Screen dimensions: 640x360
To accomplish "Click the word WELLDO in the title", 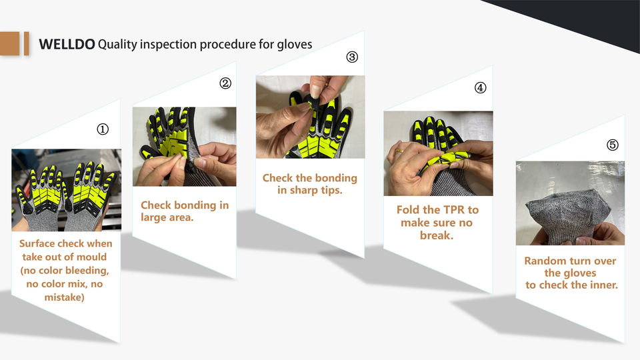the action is coord(67,44).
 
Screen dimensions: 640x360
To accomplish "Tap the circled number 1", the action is coord(103,129).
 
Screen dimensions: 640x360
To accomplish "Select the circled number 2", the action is coord(225,83).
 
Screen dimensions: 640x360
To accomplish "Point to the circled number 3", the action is coord(352,57).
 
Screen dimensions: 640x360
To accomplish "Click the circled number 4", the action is coord(481,88).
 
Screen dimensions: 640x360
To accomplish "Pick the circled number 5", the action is coord(613,145).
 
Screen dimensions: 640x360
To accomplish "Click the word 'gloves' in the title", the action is coord(295,45).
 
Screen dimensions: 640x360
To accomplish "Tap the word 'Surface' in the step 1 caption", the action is coord(37,244).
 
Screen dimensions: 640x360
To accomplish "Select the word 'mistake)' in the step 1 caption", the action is coord(65,297).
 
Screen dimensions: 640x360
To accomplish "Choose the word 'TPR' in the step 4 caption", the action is coord(448,210).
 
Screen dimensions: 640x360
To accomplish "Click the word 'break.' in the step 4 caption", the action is coord(437,235).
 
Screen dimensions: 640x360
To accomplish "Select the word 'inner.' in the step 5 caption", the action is coord(602,285).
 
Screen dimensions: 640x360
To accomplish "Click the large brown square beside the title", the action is coord(9,43).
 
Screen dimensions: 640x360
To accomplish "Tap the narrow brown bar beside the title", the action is coord(27,43).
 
